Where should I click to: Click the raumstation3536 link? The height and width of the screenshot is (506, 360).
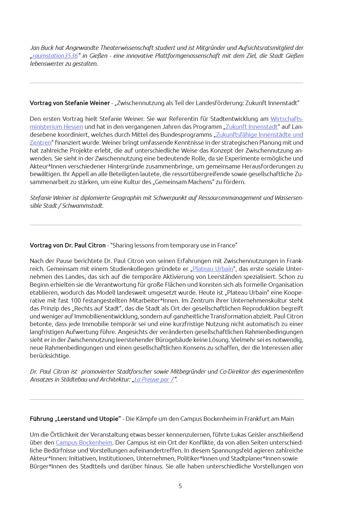(55, 56)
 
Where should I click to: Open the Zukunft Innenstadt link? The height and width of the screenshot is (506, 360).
(251, 127)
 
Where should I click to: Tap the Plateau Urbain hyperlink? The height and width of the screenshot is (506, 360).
(213, 269)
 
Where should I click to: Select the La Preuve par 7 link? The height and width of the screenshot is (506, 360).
(154, 379)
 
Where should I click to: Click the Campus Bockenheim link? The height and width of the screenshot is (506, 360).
(84, 443)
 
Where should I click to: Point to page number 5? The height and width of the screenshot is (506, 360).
(180, 486)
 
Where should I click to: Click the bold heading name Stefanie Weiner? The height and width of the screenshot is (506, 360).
(87, 103)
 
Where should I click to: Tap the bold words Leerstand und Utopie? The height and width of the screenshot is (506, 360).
(88, 419)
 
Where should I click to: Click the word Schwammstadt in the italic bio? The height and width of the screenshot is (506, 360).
(83, 206)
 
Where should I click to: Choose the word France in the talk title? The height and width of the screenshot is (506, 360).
(226, 245)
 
